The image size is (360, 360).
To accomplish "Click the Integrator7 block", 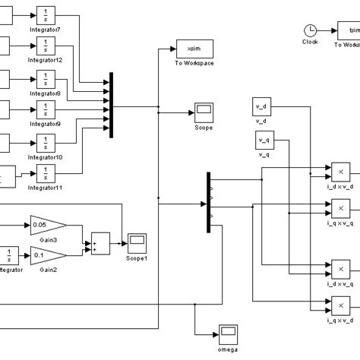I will tap(46, 16).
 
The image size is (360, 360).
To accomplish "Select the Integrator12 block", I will tap(46, 47).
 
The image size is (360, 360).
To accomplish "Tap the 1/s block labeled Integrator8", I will tap(46, 80).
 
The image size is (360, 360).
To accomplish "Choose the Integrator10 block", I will tap(46, 143).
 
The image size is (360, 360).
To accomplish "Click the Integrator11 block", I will tap(46, 174).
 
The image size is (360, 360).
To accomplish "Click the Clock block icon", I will tap(310, 30).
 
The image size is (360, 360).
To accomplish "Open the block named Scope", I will tap(204, 112).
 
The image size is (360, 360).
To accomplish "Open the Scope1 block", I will tap(137, 243).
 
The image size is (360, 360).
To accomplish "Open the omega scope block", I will tap(228, 332).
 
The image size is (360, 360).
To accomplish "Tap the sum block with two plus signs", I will tap(100, 242).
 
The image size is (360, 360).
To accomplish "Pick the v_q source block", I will tap(264, 141).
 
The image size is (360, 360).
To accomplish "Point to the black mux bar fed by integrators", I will tap(112, 105).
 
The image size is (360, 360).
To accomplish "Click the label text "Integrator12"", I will tap(46, 59).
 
